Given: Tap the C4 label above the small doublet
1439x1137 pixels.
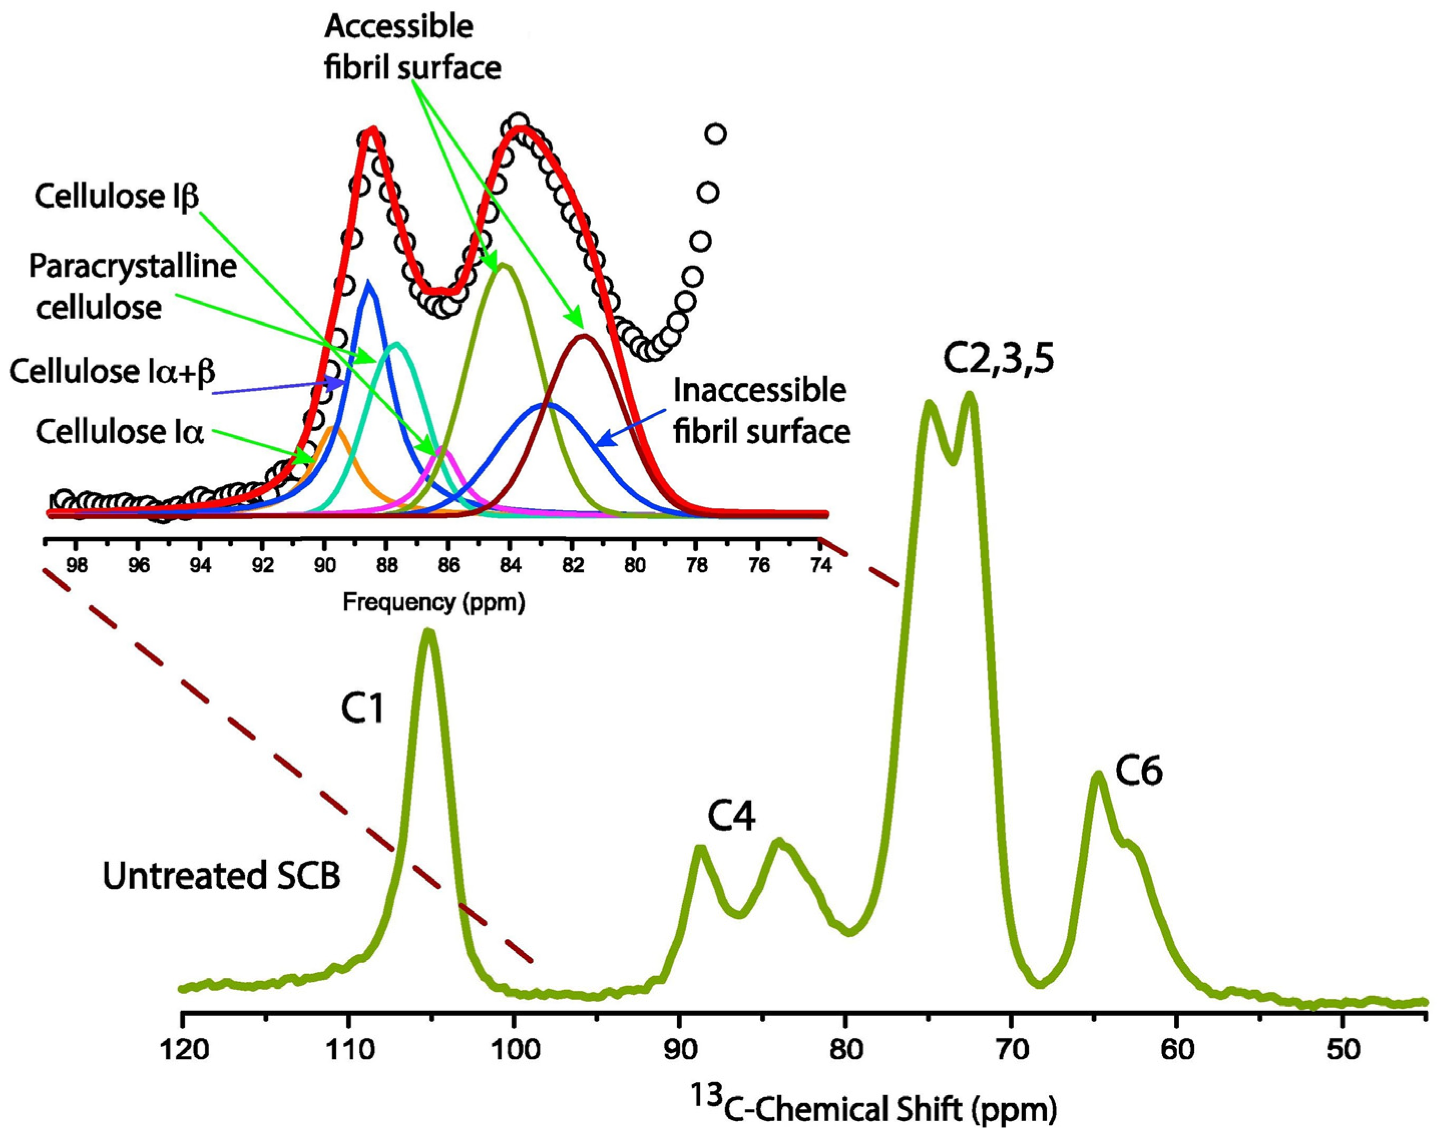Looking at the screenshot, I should click(731, 818).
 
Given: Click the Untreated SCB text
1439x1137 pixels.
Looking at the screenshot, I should click(222, 876).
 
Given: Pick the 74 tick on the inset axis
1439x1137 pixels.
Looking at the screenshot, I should click(820, 565).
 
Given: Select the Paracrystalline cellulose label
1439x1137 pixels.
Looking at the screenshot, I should click(133, 287).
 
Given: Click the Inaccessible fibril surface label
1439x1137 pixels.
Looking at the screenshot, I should click(761, 411).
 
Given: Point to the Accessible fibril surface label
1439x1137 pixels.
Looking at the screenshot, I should click(413, 47).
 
